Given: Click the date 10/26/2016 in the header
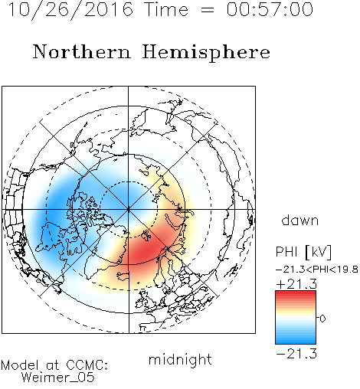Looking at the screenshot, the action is click(x=70, y=10).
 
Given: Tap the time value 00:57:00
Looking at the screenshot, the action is click(x=270, y=9).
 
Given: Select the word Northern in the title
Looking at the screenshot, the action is click(x=82, y=51).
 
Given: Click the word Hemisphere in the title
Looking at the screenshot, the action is click(x=206, y=53).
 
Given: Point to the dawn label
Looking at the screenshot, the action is click(x=300, y=220).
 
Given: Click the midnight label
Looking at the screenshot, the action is click(x=180, y=361).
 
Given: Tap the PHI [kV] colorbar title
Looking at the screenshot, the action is click(x=303, y=252).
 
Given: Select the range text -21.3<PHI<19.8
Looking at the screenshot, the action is click(x=317, y=270).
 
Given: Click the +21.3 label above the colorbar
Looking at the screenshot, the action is click(x=296, y=284).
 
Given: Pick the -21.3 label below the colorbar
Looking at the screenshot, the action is click(x=296, y=354).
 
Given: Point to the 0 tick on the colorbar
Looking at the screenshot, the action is click(x=322, y=319).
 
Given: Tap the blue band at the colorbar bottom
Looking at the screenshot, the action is click(x=296, y=340).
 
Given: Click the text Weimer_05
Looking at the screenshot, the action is click(x=58, y=378).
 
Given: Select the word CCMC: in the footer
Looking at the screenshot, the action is click(x=87, y=365).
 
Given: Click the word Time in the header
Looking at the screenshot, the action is click(x=166, y=9).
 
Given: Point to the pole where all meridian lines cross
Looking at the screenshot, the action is click(x=129, y=210).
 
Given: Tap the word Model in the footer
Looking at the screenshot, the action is click(x=20, y=365).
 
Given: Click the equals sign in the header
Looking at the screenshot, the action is click(x=208, y=11).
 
